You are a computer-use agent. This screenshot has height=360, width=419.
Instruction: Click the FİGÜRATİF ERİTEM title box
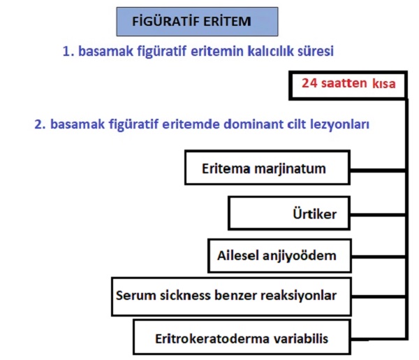tap(197, 22)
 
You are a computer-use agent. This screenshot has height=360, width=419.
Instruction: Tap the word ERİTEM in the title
tap(227, 22)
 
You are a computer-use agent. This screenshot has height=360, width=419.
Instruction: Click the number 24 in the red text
tap(309, 83)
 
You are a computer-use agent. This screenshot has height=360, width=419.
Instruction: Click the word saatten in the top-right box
tap(344, 83)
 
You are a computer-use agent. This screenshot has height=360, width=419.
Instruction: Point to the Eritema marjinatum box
tap(267, 168)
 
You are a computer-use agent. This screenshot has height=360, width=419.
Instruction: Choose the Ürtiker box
tap(289, 213)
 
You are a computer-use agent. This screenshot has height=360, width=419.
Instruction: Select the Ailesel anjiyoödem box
tap(279, 256)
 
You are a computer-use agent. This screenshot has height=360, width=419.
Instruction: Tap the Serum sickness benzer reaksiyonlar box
tap(231, 296)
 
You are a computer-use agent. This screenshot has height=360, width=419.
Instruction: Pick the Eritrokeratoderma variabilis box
tap(242, 337)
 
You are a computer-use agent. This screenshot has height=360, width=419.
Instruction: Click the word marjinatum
tap(291, 169)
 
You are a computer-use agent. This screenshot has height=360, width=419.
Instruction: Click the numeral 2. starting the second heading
tap(40, 124)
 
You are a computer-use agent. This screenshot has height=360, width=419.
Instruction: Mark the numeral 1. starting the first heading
tap(68, 51)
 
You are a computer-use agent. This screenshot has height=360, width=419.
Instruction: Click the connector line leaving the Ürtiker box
tap(378, 215)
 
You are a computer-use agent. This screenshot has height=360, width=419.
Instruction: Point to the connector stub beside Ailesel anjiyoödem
tap(378, 257)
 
